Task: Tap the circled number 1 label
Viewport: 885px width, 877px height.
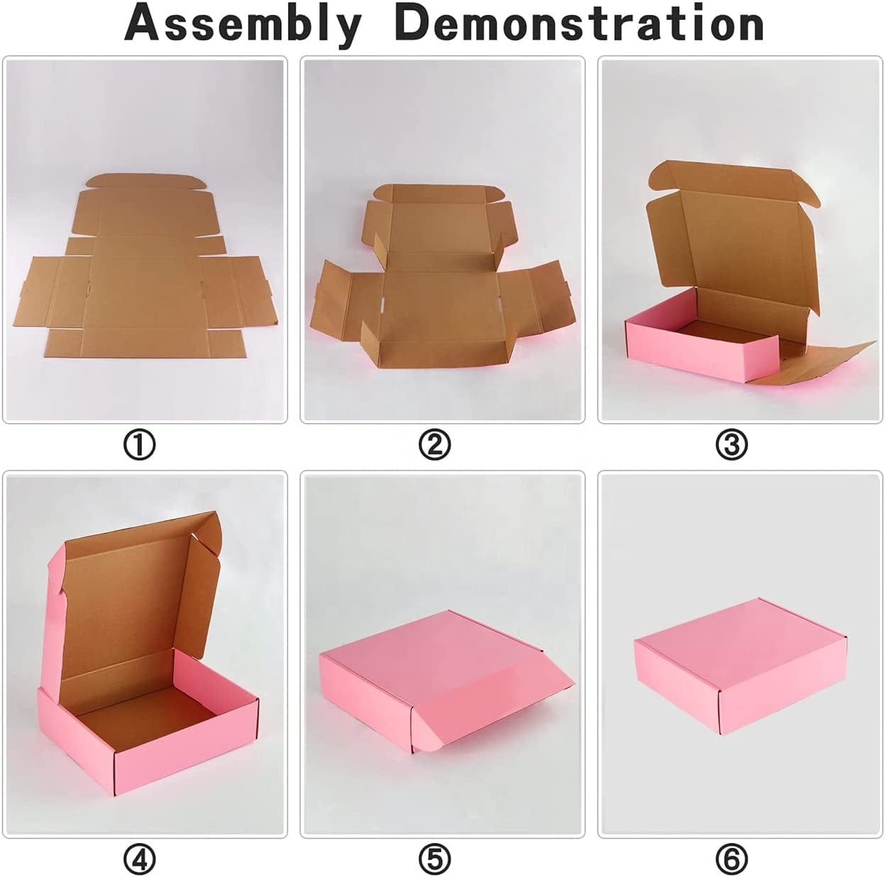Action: coord(139,445)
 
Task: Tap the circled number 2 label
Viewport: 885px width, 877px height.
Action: coord(435,445)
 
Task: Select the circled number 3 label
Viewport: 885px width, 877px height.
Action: coord(732,445)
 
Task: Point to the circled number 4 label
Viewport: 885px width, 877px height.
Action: coord(139,859)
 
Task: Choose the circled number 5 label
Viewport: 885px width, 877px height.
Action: coord(435,859)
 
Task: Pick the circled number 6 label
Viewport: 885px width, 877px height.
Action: coord(732,859)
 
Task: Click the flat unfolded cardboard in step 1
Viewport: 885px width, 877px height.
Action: coord(148,271)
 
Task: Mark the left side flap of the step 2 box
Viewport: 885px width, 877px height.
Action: coord(345,303)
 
